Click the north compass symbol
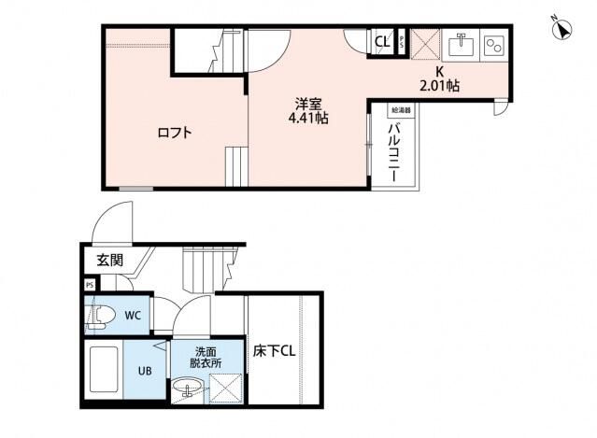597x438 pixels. pos(563,27)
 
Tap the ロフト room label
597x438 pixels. pos(174,133)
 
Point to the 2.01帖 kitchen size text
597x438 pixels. pos(439,86)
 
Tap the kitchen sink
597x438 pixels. pos(460,44)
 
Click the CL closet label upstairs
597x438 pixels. pos(382,42)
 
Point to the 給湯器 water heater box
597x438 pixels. pos(401,110)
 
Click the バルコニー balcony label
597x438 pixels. pos(395,151)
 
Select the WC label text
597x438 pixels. pos(133,316)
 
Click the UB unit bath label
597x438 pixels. pos(145,370)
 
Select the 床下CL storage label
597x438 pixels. pos(275,353)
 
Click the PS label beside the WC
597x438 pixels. pos(90,285)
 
